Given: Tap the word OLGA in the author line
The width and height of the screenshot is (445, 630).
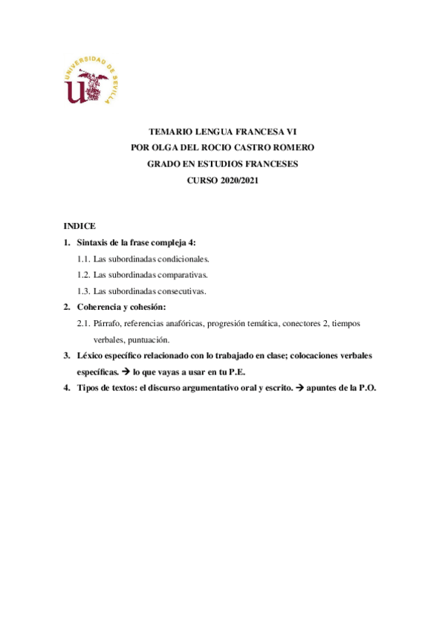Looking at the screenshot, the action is tap(172, 147).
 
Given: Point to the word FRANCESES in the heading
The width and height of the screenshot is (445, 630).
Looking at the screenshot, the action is tap(265, 163).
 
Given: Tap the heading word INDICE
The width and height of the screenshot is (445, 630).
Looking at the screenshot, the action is tap(79, 225).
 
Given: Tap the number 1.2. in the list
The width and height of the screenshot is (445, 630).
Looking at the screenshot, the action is tap(84, 275).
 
